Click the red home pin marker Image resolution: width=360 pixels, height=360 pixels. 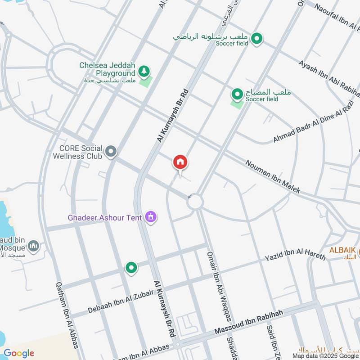(180, 162)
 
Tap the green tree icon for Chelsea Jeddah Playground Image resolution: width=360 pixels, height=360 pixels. (144, 71)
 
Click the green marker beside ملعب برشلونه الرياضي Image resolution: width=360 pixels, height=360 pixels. (257, 39)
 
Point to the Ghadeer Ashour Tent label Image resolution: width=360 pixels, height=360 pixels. (105, 217)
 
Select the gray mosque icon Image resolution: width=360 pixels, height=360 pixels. (33, 246)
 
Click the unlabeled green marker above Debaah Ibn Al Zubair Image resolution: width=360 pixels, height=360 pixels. (131, 268)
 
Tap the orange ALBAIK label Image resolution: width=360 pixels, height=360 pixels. (343, 250)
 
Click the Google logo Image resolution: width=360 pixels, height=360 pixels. (19, 353)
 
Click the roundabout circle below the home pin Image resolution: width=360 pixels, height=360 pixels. (195, 202)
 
